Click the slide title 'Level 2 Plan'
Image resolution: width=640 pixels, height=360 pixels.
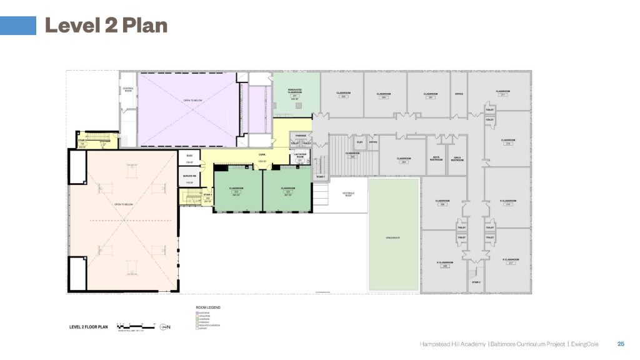[x=106, y=26]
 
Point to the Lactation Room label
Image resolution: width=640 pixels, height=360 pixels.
[x=299, y=154]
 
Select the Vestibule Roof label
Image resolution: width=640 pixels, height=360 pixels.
[x=348, y=194]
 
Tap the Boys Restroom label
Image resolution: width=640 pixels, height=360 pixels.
[x=436, y=158]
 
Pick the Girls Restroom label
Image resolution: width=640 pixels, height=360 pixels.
[x=457, y=158]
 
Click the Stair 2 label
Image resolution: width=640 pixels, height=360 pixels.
[x=475, y=282]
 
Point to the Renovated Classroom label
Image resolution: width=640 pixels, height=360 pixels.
[x=295, y=91]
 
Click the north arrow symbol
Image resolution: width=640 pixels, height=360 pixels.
[x=164, y=326]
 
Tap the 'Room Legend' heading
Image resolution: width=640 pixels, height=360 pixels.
[x=209, y=307]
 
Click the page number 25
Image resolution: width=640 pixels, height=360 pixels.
[x=621, y=344]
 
